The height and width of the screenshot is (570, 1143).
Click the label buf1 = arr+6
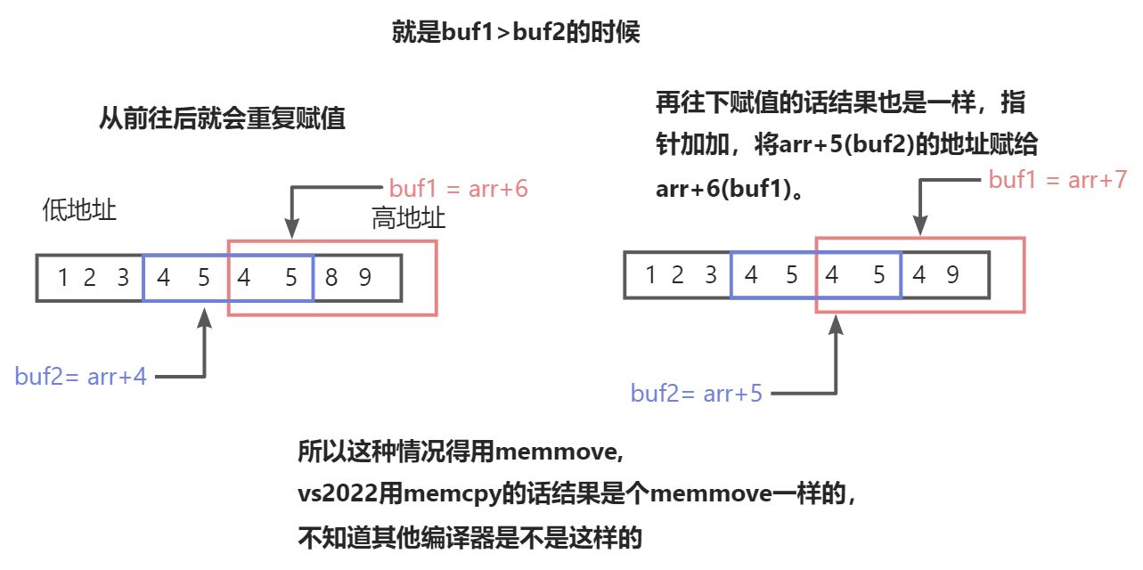coord(459,189)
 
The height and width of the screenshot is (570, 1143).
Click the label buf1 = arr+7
coord(1057,180)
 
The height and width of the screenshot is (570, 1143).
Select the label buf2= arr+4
coord(80,376)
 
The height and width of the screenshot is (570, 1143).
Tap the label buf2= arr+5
coord(696,393)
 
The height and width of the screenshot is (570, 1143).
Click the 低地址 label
coord(80,210)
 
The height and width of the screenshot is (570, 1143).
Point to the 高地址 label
coord(408,218)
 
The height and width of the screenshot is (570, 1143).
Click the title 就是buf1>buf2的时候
coord(516,34)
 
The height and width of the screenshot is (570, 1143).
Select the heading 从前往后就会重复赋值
coord(222,119)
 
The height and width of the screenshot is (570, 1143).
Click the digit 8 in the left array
coord(331,278)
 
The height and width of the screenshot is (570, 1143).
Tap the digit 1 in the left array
coord(62,278)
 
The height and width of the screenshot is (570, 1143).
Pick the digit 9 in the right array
coord(951,274)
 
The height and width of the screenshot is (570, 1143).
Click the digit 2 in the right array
coord(677,274)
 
